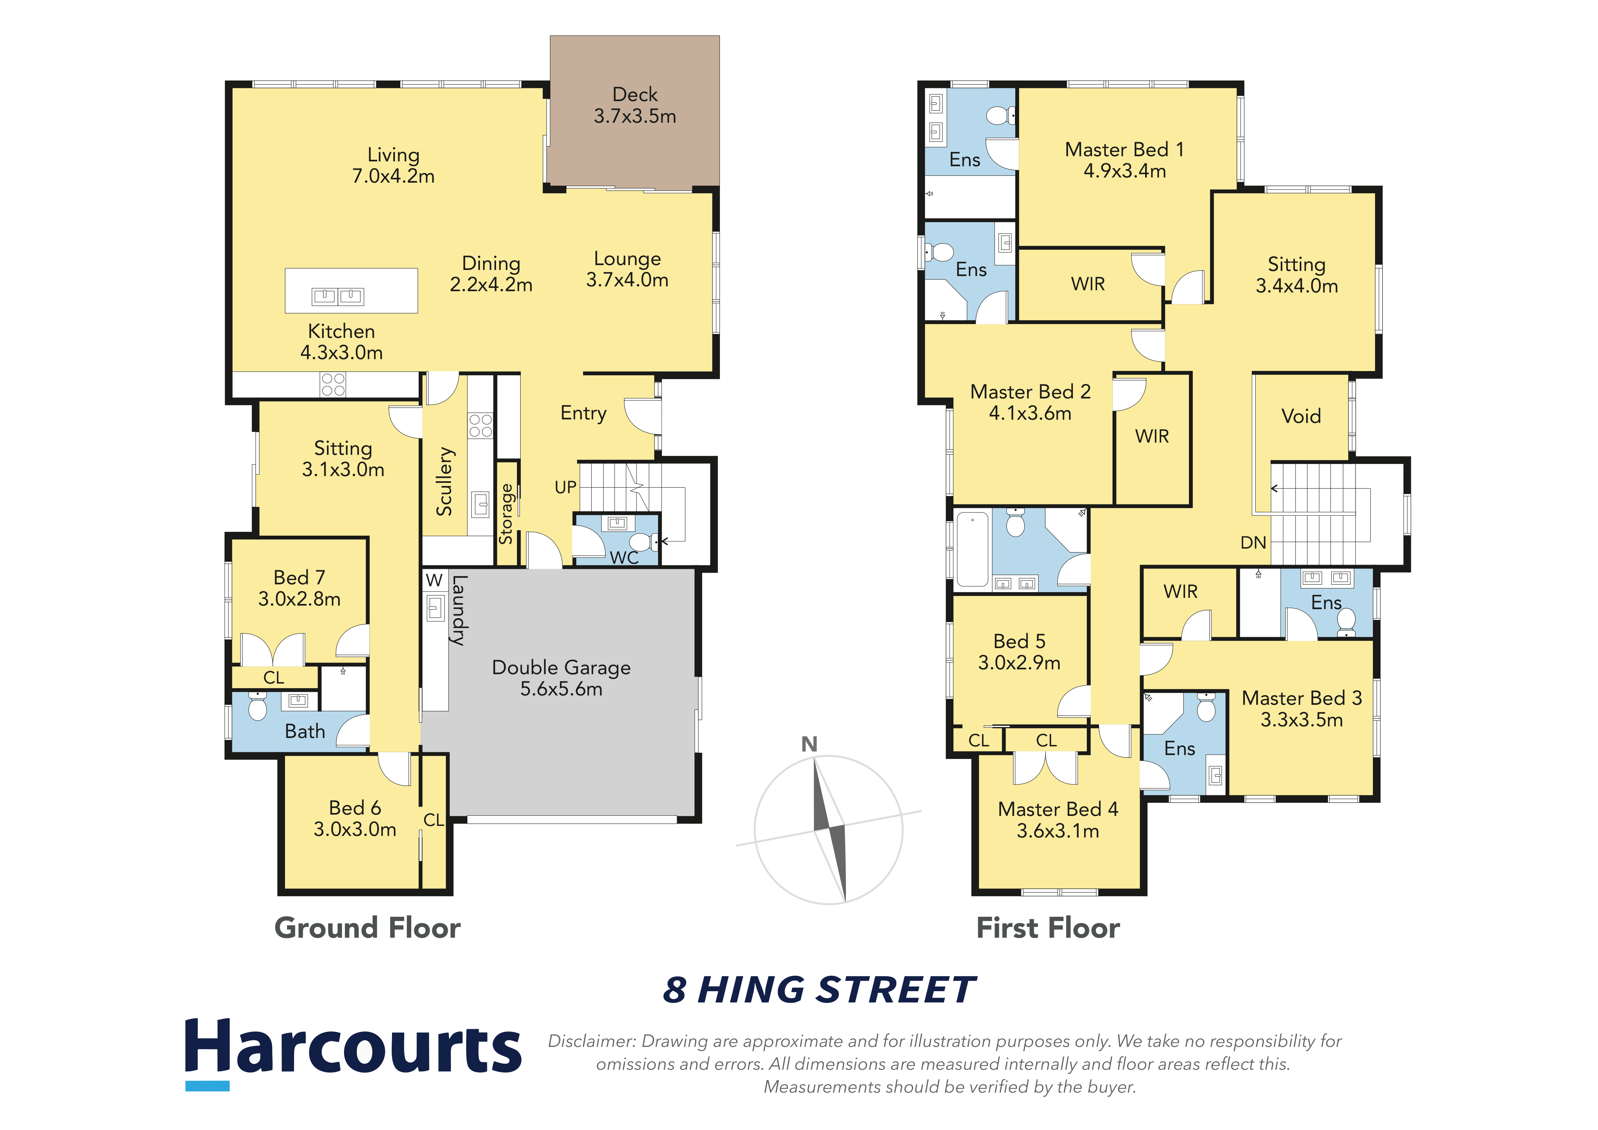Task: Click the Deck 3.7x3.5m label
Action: [x=635, y=105]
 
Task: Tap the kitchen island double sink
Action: [x=338, y=296]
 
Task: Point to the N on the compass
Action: [x=809, y=744]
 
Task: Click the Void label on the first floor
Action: [x=1301, y=416]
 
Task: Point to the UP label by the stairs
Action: [x=565, y=487]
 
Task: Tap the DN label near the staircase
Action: [x=1253, y=543]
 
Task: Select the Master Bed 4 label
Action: [x=1058, y=809]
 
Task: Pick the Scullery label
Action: [x=444, y=482]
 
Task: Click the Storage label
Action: [x=506, y=513]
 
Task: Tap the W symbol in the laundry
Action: [x=434, y=580]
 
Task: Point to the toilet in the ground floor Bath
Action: [x=257, y=705]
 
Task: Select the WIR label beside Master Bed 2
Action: [x=1152, y=436]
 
